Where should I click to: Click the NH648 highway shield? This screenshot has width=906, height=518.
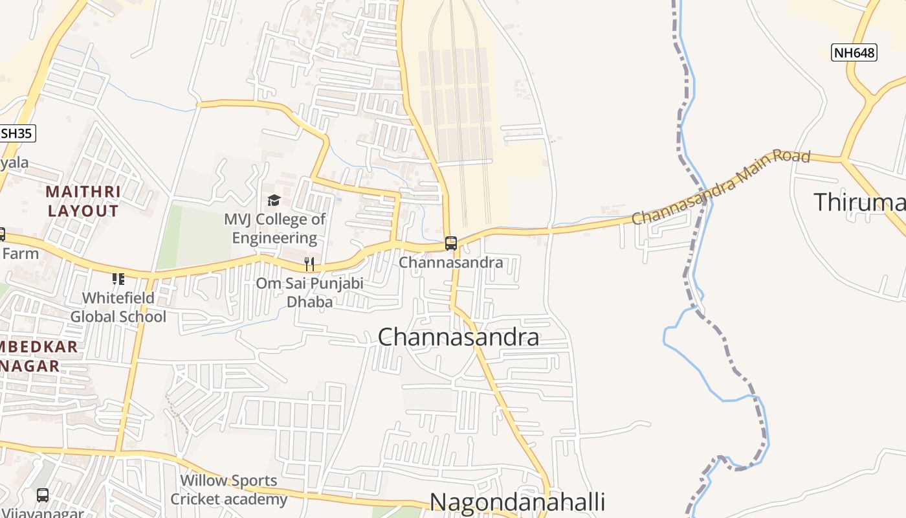click(x=854, y=52)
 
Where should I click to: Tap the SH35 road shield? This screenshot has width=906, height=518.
click(x=17, y=133)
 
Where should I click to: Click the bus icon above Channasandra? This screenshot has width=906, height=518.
click(x=451, y=243)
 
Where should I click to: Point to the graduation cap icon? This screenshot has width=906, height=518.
click(x=274, y=201)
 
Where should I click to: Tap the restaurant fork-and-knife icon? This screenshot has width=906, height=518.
click(x=309, y=264)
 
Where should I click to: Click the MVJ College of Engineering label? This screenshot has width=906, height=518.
click(x=275, y=229)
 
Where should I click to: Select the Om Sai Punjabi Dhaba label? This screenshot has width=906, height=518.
click(x=309, y=292)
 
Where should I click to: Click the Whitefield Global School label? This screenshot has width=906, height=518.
click(x=118, y=307)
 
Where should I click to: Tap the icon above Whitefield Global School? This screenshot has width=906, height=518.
click(x=118, y=279)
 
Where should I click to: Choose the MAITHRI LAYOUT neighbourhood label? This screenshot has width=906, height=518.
click(x=83, y=201)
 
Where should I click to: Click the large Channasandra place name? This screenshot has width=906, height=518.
click(x=458, y=337)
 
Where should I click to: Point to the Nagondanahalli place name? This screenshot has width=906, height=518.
click(x=517, y=502)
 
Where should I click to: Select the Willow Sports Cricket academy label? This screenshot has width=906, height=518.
click(x=228, y=490)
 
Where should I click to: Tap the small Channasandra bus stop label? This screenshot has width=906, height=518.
click(x=451, y=262)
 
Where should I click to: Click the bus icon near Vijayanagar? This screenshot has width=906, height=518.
click(x=43, y=495)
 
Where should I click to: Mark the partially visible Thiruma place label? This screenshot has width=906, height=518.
click(x=859, y=202)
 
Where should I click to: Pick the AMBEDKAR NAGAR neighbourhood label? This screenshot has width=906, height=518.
click(x=39, y=356)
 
